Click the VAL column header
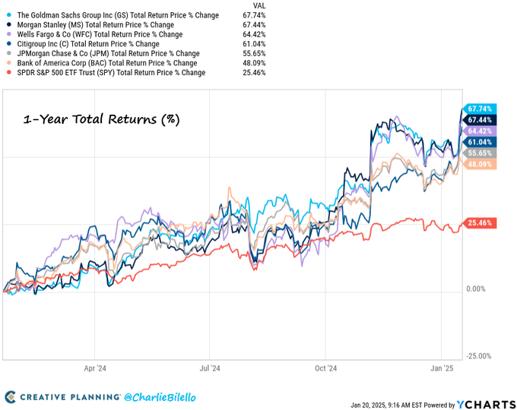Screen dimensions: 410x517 tap(258, 5)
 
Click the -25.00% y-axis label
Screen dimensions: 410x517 tap(477, 356)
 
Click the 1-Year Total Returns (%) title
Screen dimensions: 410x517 tap(100, 120)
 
